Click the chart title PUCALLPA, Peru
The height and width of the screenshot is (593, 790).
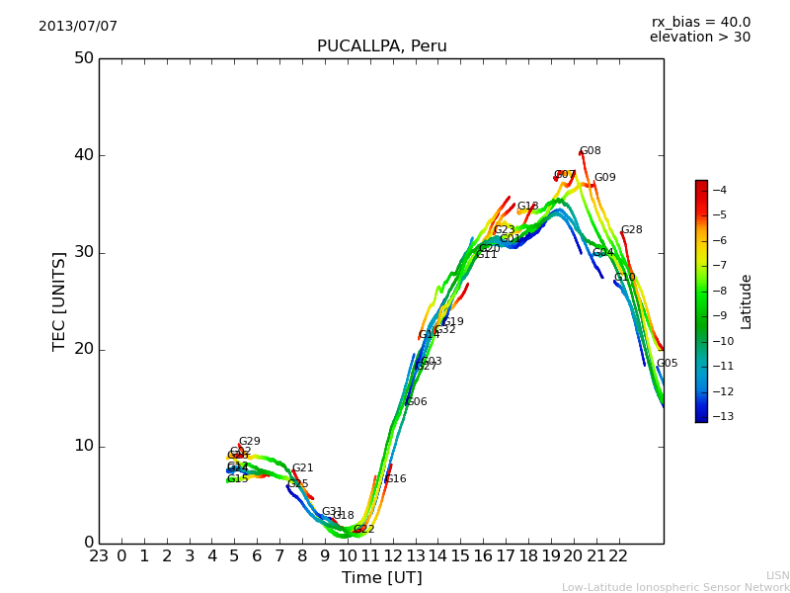point(381,46)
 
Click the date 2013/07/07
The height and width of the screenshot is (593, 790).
point(78,27)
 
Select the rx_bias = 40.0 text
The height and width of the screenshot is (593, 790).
point(700,23)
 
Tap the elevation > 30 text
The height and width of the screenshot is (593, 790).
point(699,38)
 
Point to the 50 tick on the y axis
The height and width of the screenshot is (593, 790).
point(83,58)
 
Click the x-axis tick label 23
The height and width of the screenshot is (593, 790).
point(99,556)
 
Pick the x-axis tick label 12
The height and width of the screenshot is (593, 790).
point(393,556)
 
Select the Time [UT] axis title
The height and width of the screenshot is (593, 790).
point(381,578)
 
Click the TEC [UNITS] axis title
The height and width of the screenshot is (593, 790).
point(59,300)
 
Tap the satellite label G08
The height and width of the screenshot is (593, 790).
point(590,151)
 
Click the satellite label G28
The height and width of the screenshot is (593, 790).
point(631,230)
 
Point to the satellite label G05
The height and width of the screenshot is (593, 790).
point(667,364)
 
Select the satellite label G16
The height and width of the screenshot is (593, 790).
point(395,479)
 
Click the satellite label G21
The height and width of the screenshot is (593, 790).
point(302,468)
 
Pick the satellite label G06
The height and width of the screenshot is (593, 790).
point(416,402)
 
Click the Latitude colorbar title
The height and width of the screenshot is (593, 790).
point(747,301)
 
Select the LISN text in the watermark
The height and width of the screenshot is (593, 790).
point(777,575)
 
